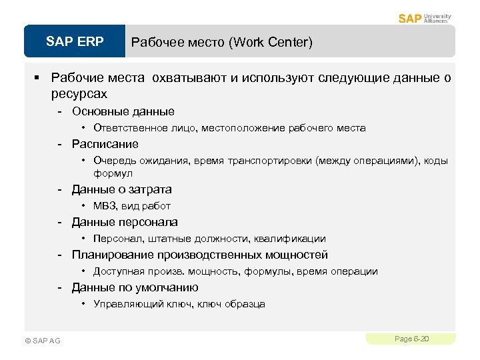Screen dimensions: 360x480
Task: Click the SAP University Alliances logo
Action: coord(425,18)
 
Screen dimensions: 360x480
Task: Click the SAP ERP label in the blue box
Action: coord(75,42)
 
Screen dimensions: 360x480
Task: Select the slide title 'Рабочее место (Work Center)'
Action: coord(221,43)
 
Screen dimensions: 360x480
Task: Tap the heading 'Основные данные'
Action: coord(123,111)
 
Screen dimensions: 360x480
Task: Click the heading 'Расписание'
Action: coord(105,144)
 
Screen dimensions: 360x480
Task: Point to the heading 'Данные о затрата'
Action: coord(121,189)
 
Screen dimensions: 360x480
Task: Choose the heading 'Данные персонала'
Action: coord(125,222)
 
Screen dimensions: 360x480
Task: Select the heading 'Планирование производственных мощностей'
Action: coord(199,255)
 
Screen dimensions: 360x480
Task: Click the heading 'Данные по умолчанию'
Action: coord(135,287)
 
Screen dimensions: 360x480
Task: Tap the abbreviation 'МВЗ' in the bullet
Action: coord(105,206)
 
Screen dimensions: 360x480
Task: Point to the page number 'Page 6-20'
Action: coord(411,339)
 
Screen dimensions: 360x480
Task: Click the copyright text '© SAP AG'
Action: coord(42,341)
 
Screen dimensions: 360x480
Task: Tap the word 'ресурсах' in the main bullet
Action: coord(79,94)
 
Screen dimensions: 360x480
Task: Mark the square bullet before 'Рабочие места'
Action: coord(39,79)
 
